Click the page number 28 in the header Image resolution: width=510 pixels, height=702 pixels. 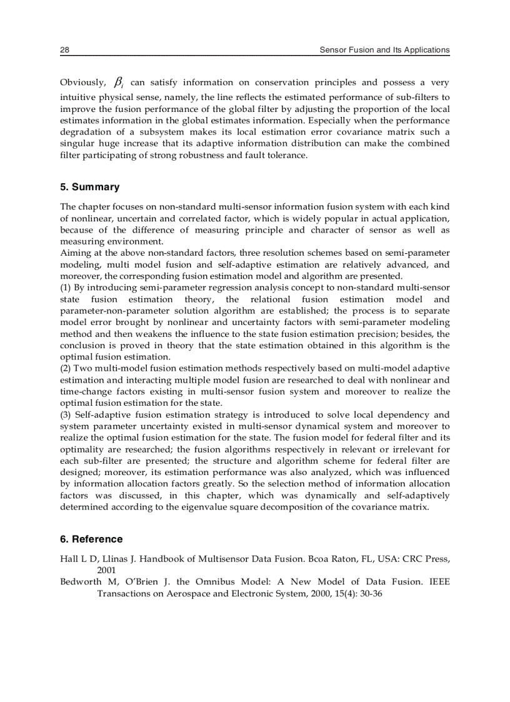click(x=64, y=50)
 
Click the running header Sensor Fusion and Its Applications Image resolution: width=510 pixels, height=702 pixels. click(x=384, y=50)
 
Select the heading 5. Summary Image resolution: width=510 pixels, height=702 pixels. click(x=89, y=187)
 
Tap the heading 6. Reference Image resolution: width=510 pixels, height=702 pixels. click(x=91, y=539)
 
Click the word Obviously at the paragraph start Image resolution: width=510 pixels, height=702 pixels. click(x=82, y=83)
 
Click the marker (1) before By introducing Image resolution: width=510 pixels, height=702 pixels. click(x=66, y=288)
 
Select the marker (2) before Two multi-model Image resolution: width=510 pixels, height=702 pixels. click(x=66, y=368)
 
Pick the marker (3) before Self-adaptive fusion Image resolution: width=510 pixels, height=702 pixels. click(x=66, y=414)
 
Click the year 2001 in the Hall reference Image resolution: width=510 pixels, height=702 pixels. click(x=106, y=570)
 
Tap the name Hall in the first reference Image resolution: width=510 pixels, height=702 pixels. click(x=68, y=559)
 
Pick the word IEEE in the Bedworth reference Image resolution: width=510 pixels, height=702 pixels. click(x=440, y=582)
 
